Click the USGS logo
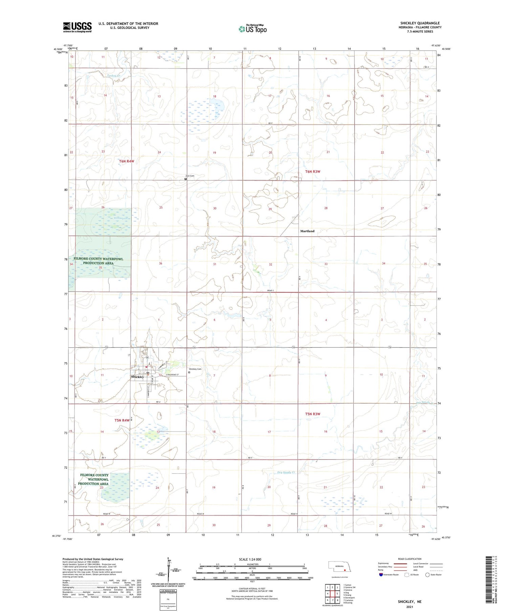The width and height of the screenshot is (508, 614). [77, 27]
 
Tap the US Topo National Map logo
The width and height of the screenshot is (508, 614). [253, 29]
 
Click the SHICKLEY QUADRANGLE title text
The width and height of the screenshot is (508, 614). [420, 23]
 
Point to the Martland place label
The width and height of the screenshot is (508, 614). [307, 231]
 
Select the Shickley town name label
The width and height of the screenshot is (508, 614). [137, 377]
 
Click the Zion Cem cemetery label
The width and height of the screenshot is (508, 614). [190, 176]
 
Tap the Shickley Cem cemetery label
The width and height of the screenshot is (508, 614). [195, 369]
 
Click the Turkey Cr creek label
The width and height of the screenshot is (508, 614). [114, 76]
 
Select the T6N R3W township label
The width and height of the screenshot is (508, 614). [313, 172]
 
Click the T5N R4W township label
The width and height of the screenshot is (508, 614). [122, 420]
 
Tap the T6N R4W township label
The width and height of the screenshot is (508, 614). [127, 161]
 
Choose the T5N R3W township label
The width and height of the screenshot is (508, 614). [312, 414]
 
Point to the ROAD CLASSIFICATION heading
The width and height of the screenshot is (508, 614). [409, 559]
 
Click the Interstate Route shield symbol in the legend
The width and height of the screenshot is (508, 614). [381, 574]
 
